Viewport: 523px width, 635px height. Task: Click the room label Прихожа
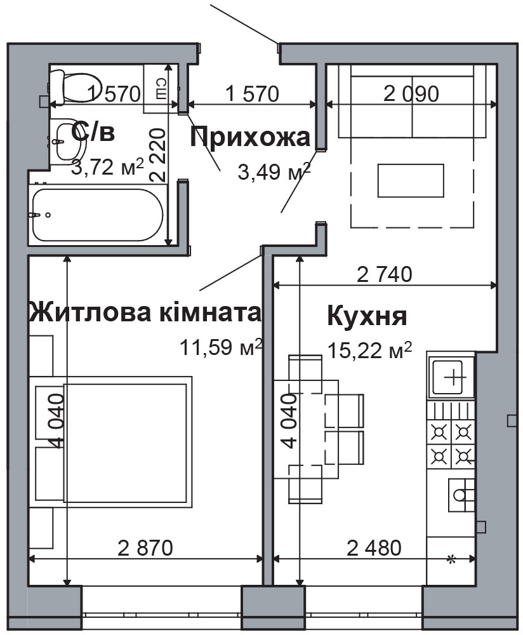(251, 137)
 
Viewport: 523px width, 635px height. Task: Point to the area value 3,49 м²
(274, 171)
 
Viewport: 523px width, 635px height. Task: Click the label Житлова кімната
(145, 312)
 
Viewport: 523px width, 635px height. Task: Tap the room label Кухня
(367, 315)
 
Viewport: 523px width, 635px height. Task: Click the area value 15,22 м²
(370, 349)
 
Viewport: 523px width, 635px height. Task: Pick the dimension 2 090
(411, 95)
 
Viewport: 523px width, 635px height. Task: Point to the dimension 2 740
(385, 274)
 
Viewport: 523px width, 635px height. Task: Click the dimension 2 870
(145, 547)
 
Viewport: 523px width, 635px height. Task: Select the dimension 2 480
(374, 547)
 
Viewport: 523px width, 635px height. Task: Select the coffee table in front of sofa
(411, 181)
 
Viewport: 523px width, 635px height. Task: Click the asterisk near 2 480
(452, 559)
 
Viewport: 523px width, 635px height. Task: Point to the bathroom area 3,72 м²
(107, 168)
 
